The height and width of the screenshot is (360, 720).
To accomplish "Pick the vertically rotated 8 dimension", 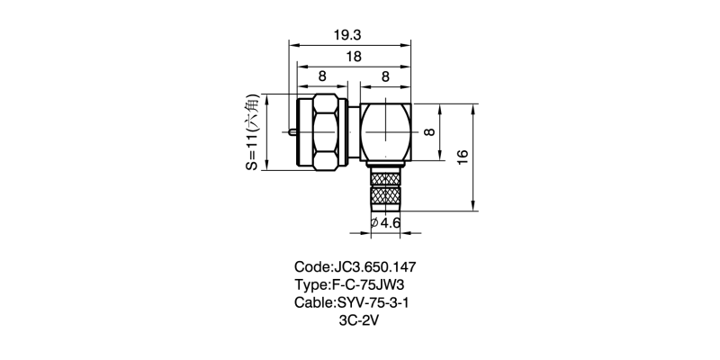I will [430, 131].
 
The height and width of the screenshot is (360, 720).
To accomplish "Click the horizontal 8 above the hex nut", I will [322, 76].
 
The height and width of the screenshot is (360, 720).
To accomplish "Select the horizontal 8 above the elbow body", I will [384, 76].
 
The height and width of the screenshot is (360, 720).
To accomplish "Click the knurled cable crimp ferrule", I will [384, 193].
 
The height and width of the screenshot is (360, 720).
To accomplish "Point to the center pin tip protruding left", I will [292, 132].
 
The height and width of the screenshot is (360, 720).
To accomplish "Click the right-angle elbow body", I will [384, 133].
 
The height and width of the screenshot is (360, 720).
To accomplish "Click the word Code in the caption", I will [312, 267].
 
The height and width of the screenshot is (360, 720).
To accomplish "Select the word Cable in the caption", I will [313, 302].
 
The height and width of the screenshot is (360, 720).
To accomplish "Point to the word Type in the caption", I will [311, 284].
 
